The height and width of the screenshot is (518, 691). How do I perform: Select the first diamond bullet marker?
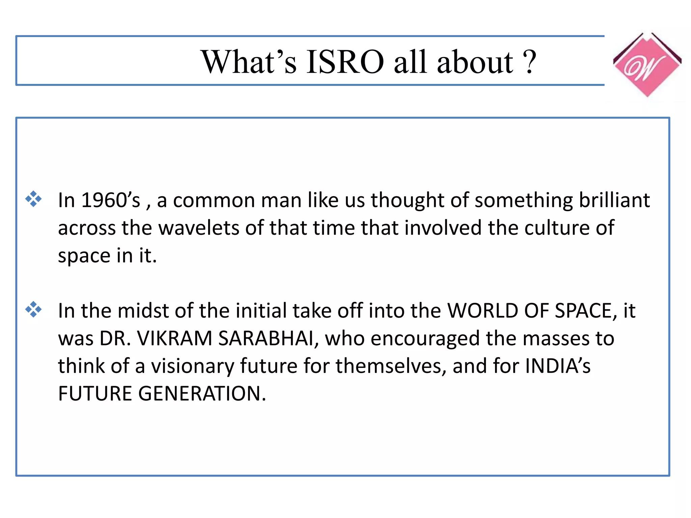(x=33, y=199)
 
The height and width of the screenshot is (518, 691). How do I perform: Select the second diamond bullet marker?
(x=33, y=309)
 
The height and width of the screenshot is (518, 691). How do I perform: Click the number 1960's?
(x=110, y=200)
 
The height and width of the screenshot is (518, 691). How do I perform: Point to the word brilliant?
(x=614, y=200)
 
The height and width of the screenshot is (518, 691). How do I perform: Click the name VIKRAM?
(x=174, y=338)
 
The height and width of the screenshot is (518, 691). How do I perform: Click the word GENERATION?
(x=202, y=394)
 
